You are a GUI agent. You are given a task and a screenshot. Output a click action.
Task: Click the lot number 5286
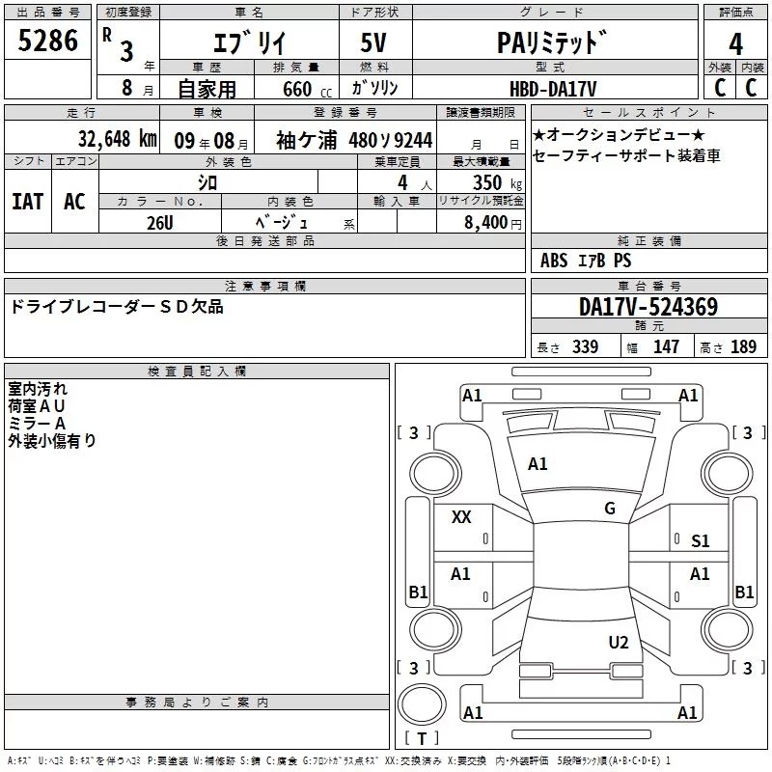[x=47, y=41]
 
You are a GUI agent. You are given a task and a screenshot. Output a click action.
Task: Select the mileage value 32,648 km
[x=118, y=139]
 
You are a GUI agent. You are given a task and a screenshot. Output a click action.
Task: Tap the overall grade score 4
[x=735, y=44]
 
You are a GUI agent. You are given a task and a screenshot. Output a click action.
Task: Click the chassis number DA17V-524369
[x=648, y=307]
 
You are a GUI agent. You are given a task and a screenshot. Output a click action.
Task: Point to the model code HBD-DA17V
[x=553, y=89]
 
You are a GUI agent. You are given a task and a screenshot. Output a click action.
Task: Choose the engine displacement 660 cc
[x=307, y=89]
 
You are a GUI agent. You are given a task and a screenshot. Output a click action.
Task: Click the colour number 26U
[x=160, y=223]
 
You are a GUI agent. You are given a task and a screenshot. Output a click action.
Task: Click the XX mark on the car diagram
[x=461, y=517]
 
